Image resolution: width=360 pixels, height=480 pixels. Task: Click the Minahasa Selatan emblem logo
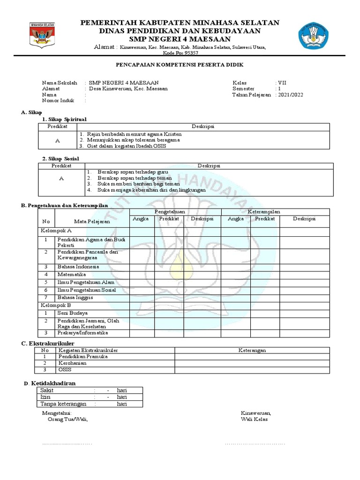click(43, 35)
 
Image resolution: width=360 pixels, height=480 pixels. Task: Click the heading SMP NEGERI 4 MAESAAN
click(180, 39)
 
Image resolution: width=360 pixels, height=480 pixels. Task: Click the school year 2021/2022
click(291, 95)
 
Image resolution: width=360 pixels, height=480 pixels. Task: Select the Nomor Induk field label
click(58, 100)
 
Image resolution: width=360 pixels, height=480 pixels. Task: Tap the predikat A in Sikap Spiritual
click(57, 140)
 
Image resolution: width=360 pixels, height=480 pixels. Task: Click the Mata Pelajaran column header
click(92, 222)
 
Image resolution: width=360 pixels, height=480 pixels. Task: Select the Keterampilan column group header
click(264, 212)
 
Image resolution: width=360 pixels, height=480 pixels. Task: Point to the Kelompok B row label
click(55, 305)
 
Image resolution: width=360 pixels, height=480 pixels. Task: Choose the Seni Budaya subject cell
click(73, 313)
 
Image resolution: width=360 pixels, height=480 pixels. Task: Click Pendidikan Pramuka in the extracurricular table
click(82, 356)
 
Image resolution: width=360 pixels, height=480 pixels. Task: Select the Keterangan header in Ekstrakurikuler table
click(252, 350)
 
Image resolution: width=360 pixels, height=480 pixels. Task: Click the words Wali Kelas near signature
click(254, 420)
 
